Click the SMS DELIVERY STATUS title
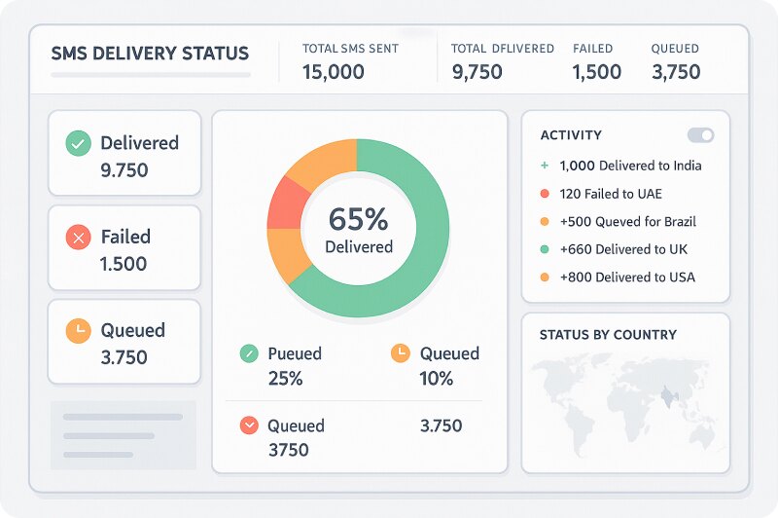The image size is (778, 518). point(150,54)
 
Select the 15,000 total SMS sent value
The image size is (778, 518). point(334,72)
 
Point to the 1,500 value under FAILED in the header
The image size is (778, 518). point(596,72)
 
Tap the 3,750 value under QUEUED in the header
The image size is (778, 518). point(676,72)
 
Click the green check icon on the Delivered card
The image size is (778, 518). point(78,144)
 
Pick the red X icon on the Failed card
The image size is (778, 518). point(78,238)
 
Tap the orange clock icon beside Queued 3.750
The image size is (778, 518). point(78,331)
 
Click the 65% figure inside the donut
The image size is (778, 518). point(358,218)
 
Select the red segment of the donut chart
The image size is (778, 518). point(283,203)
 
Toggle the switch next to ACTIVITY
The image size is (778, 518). point(700,135)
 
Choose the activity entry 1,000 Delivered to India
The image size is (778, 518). point(630,166)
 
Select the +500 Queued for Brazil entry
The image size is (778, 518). point(627,222)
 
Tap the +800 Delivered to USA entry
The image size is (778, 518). point(627,277)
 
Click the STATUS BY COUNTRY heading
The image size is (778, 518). point(608,335)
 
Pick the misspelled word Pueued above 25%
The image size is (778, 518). point(294,353)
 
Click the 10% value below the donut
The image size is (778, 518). point(437,379)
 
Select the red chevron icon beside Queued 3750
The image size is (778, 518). point(249,425)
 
